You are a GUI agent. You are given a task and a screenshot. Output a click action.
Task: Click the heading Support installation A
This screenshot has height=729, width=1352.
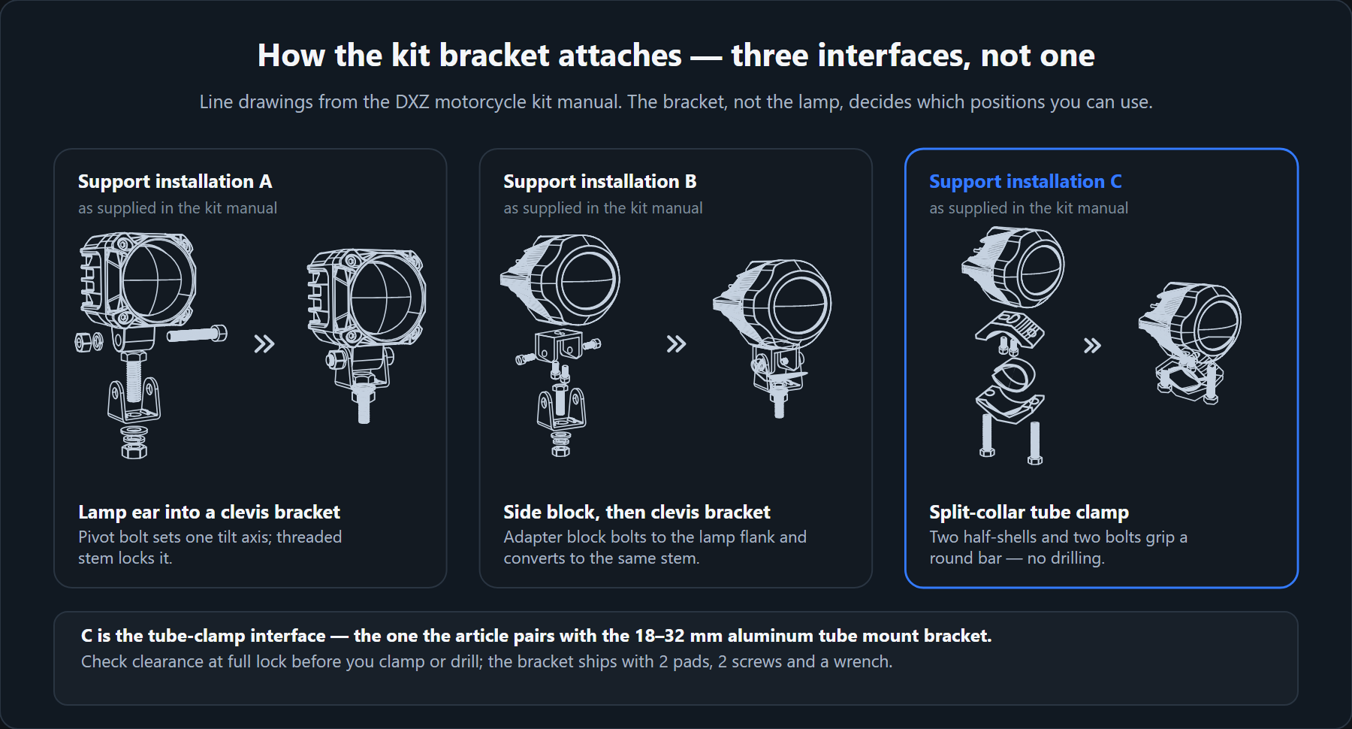(175, 182)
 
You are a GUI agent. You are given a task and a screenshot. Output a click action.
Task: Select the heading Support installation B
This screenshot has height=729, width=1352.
(600, 182)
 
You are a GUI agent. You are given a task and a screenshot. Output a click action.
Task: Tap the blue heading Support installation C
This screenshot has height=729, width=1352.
(1025, 182)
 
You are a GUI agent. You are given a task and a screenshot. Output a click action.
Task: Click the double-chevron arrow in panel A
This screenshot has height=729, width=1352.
(264, 344)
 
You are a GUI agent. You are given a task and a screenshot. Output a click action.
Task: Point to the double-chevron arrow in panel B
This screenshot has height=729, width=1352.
(676, 344)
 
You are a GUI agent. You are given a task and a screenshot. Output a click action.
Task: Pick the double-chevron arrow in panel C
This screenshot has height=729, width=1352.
(1092, 346)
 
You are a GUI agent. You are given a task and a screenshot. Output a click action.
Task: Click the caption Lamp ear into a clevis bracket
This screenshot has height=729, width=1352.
(209, 513)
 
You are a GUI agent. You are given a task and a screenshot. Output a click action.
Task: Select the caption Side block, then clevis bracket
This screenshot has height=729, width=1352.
(637, 513)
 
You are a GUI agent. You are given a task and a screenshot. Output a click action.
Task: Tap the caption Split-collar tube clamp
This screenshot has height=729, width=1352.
(1029, 513)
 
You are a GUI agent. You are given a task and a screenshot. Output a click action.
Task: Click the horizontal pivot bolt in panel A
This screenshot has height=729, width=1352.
(197, 334)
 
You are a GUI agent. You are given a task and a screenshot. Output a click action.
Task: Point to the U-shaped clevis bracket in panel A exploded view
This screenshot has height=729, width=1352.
(134, 400)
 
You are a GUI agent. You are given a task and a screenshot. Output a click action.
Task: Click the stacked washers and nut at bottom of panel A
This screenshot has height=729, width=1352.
(134, 443)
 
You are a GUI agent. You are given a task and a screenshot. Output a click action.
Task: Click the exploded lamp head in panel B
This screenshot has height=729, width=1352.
(560, 280)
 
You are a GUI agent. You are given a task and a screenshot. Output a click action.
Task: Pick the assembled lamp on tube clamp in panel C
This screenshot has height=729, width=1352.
(1190, 343)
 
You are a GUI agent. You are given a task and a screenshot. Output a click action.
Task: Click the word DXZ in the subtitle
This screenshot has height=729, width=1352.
(412, 102)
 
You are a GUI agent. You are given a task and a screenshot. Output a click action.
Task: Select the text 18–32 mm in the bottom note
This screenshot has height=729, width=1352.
(659, 636)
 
